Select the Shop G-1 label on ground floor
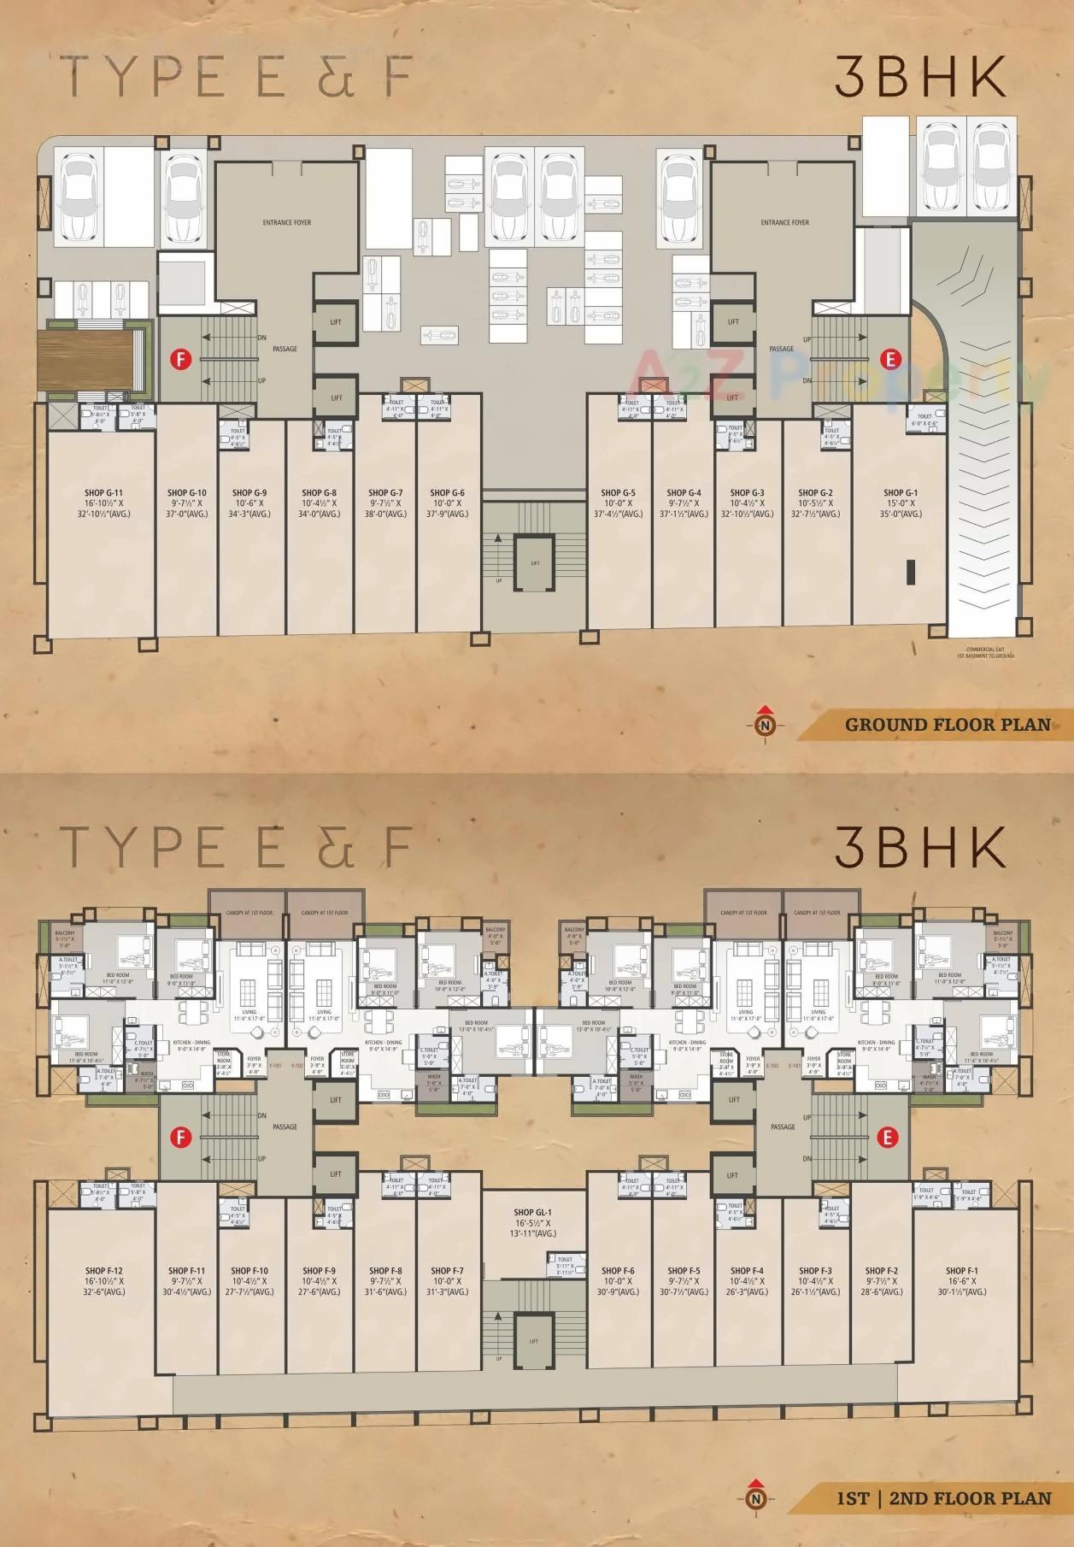pyautogui.click(x=901, y=493)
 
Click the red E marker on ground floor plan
pyautogui.click(x=890, y=360)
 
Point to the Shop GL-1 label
pyautogui.click(x=534, y=1212)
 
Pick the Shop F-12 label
pyautogui.click(x=104, y=1271)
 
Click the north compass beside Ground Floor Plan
pyautogui.click(x=766, y=724)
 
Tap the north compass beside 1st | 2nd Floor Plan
pyautogui.click(x=755, y=1497)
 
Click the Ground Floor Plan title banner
pyautogui.click(x=947, y=725)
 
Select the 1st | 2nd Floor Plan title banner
pyautogui.click(x=943, y=1497)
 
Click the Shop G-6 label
pyautogui.click(x=447, y=493)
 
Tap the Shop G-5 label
pyautogui.click(x=618, y=493)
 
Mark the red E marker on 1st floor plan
pyautogui.click(x=889, y=1137)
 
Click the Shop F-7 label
pyautogui.click(x=448, y=1271)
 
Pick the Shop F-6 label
pyautogui.click(x=618, y=1271)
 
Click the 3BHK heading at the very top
pyautogui.click(x=919, y=79)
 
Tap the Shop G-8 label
pyautogui.click(x=319, y=493)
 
